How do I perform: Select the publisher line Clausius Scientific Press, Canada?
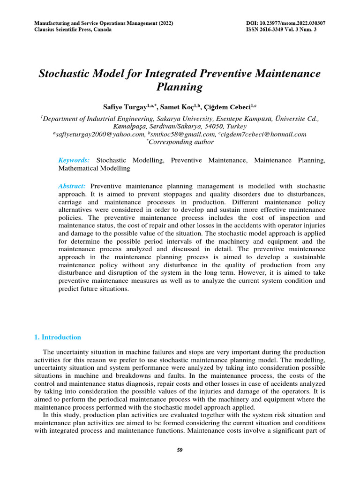73,30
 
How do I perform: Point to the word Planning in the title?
180,87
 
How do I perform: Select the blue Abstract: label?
72,186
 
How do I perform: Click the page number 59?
180,450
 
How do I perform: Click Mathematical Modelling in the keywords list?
94,167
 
